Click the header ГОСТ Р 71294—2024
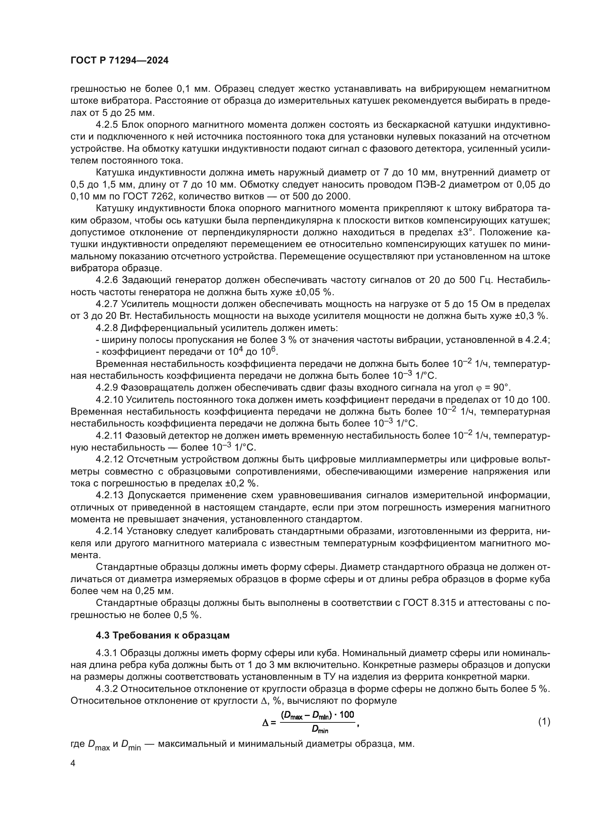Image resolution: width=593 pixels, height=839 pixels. (119, 61)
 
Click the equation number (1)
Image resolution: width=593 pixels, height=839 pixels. (544, 722)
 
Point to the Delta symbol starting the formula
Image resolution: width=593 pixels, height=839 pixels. (265, 722)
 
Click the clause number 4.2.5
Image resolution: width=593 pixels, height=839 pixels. (106, 125)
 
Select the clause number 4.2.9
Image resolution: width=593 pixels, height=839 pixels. (106, 387)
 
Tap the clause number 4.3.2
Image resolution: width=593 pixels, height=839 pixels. (106, 689)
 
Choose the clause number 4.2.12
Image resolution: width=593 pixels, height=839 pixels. (109, 459)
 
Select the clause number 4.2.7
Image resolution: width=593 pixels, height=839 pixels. (106, 304)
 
